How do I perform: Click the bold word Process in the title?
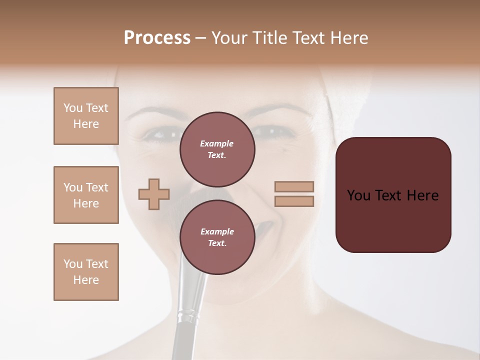pyautogui.click(x=157, y=38)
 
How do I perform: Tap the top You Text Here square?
pyautogui.click(x=86, y=116)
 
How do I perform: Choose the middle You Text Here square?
pyautogui.click(x=86, y=195)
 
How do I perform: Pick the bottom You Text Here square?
pyautogui.click(x=86, y=272)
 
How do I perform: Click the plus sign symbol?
pyautogui.click(x=154, y=194)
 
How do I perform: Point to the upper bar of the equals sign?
pyautogui.click(x=294, y=186)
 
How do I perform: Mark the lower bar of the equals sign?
pyautogui.click(x=294, y=201)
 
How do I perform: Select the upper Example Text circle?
pyautogui.click(x=217, y=149)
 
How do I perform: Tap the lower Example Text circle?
pyautogui.click(x=217, y=237)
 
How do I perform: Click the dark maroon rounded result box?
pyautogui.click(x=393, y=195)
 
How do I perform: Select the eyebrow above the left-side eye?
pyautogui.click(x=152, y=112)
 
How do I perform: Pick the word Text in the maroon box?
pyautogui.click(x=393, y=195)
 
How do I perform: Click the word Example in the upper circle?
pyautogui.click(x=217, y=143)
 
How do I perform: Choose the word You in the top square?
pyautogui.click(x=73, y=108)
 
